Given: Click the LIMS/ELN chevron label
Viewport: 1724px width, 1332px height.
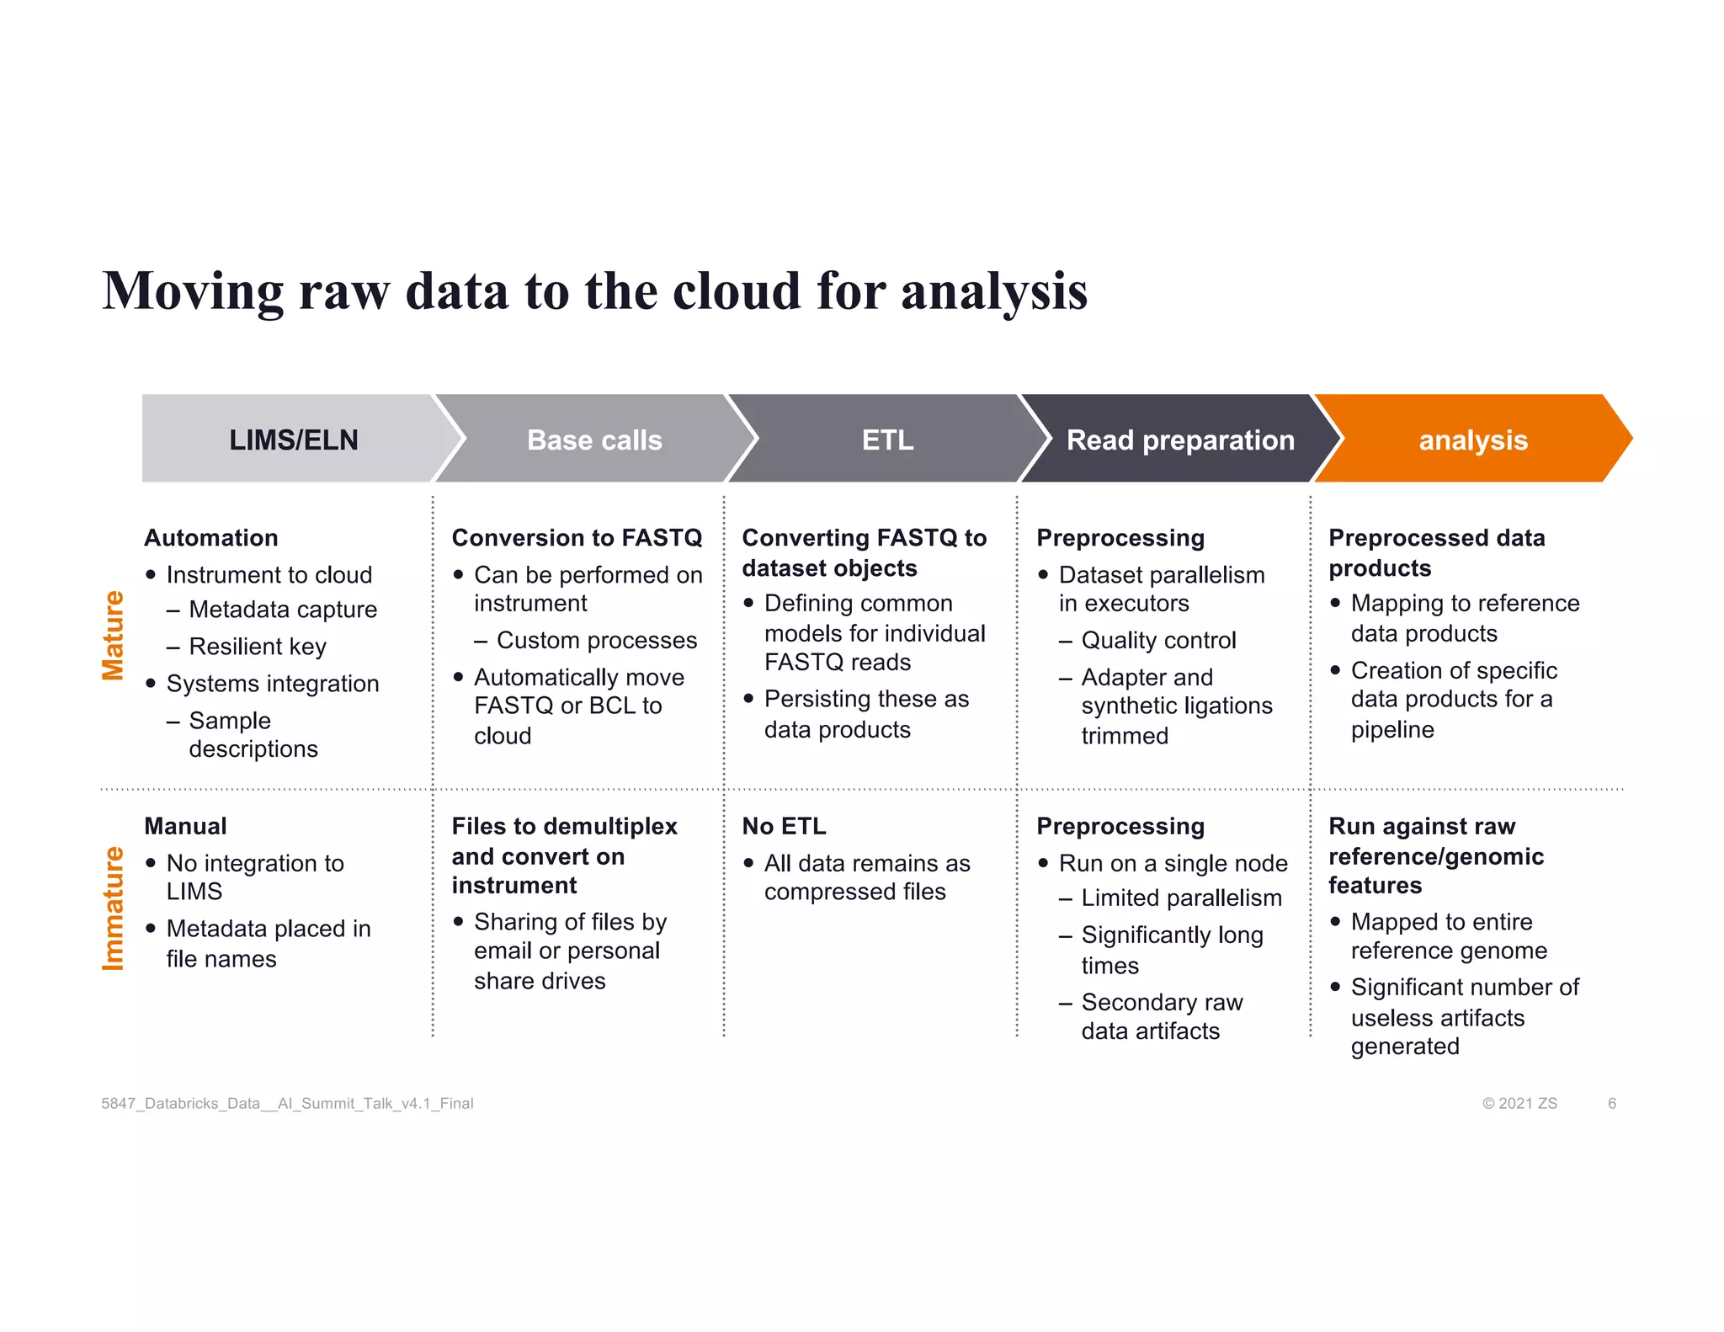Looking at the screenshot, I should [x=293, y=440].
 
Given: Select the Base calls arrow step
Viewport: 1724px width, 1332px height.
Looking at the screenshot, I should [x=594, y=440].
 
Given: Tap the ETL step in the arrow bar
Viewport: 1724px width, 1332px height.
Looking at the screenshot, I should [x=887, y=440].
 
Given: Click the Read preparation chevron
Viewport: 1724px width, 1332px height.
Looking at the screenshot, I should [x=1180, y=440].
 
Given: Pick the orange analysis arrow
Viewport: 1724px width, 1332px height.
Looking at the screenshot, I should [x=1472, y=440].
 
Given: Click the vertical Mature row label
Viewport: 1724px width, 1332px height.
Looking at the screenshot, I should [x=113, y=635].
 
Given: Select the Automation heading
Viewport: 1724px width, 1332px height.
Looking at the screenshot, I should [x=211, y=537].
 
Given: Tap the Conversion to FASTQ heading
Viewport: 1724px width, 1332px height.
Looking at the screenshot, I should [x=577, y=537].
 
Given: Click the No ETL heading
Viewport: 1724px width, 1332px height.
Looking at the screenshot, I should [x=784, y=826].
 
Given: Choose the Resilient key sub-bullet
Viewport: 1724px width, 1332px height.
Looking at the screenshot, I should [x=257, y=647].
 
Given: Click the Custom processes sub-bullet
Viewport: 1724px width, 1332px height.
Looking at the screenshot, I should [x=596, y=640].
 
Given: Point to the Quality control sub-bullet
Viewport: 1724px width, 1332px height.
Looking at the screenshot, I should [x=1158, y=640].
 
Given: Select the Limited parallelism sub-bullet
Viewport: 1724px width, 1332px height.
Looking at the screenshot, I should [x=1181, y=898].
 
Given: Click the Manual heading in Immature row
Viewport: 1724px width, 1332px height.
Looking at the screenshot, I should [x=185, y=826].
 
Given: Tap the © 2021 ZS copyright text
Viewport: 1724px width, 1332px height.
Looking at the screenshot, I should [x=1519, y=1103].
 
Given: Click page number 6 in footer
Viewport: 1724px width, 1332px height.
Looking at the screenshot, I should [x=1611, y=1103].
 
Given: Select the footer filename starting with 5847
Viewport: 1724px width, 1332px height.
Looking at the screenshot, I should [x=287, y=1103].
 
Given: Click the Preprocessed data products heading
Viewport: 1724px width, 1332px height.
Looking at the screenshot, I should [x=1436, y=552].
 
